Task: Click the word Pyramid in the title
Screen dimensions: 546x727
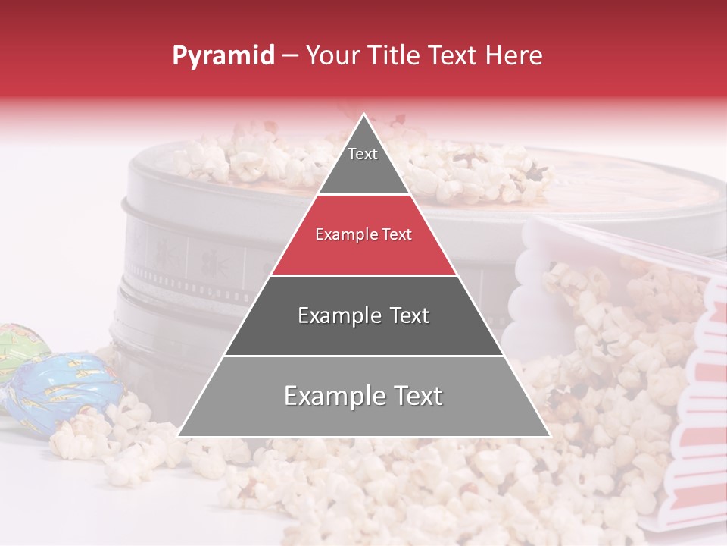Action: coord(223,56)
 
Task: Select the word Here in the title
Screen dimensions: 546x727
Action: coord(515,55)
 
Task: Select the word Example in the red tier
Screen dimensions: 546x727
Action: coord(342,235)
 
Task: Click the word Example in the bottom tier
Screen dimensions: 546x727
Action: coord(330,396)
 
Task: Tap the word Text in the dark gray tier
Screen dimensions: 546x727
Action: coord(404,315)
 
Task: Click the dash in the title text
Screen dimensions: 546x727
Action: coord(289,56)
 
